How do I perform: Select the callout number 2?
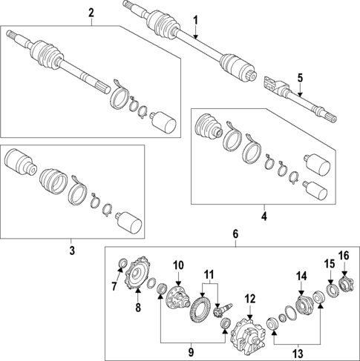91,13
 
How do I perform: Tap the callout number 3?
73,251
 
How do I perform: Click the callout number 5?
300,77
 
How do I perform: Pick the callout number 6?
236,234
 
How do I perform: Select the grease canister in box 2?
163,122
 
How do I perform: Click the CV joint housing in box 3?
18,164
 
